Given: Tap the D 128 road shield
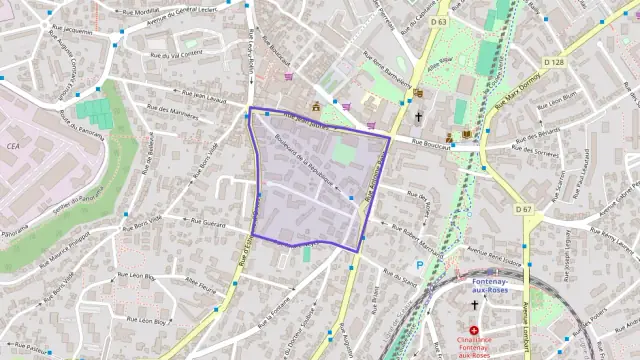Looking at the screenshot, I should [x=553, y=62].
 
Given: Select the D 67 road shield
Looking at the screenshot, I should [x=523, y=209].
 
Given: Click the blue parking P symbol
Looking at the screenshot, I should [x=420, y=265].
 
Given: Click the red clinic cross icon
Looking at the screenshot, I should [x=474, y=330].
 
